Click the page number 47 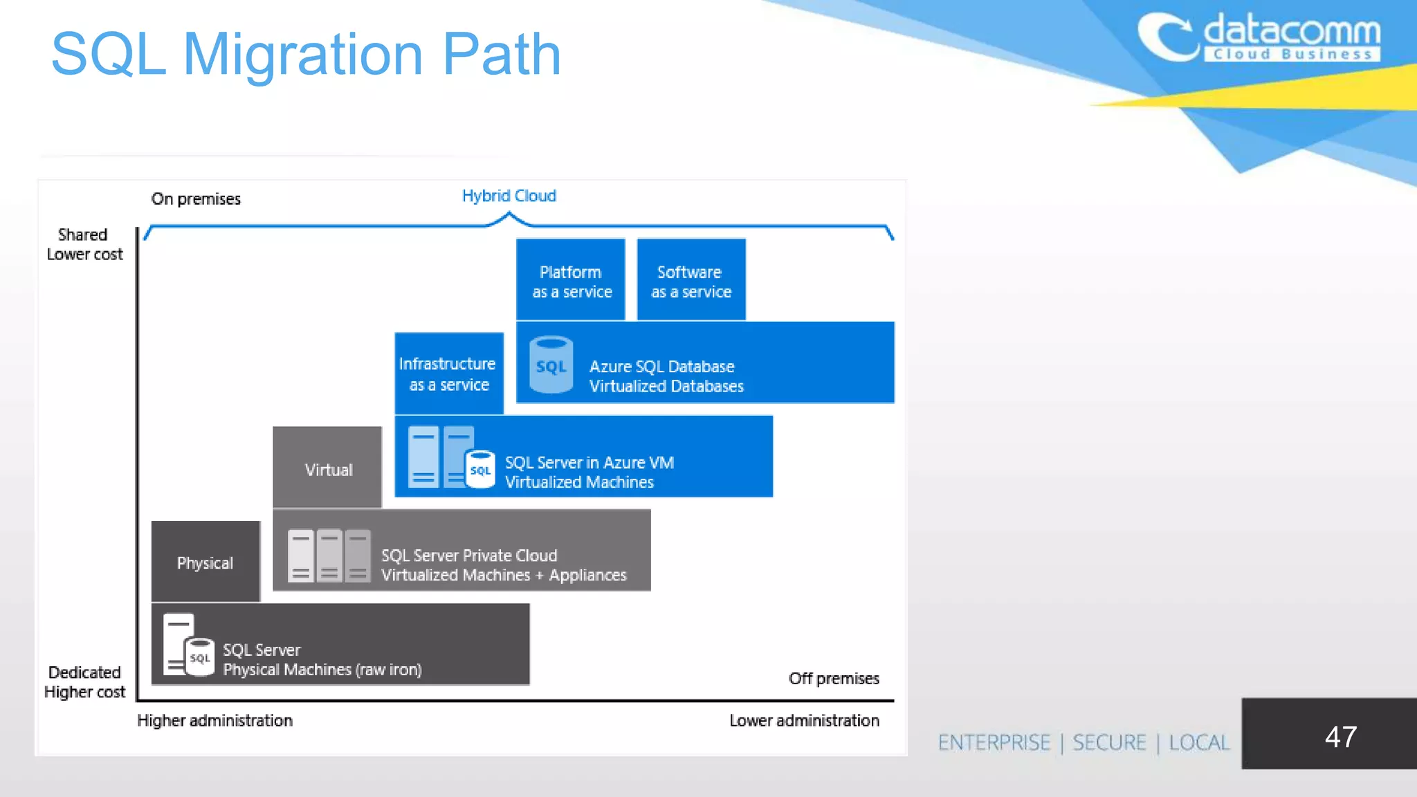1340,736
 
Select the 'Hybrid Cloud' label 509,196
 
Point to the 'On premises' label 196,199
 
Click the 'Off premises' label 833,678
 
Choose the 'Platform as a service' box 571,280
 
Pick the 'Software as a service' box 691,280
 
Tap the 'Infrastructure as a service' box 448,374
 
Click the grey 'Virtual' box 327,468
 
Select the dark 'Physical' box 205,562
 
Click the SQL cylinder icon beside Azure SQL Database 551,365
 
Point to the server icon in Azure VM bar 450,457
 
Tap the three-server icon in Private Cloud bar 329,556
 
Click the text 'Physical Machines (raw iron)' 322,670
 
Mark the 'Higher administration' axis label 214,720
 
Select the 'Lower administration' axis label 804,720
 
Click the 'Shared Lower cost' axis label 84,244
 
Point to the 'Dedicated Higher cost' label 84,681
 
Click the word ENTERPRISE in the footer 994,742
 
